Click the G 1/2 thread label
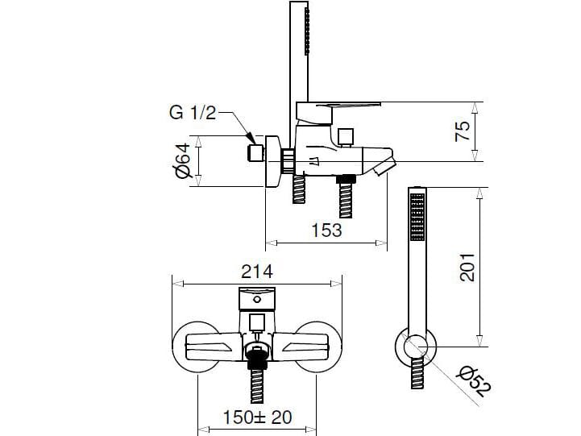point(193,112)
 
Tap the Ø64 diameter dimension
point(182,160)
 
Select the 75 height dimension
point(462,131)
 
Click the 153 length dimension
point(326,230)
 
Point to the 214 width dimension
point(257,272)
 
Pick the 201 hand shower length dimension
point(467,267)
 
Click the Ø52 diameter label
point(475,381)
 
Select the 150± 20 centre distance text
point(257,417)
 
